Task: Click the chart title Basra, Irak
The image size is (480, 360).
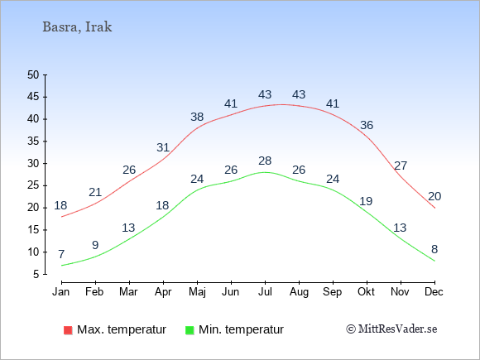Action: (77, 27)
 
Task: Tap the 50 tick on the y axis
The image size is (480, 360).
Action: (33, 74)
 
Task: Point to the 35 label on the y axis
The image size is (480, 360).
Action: (33, 142)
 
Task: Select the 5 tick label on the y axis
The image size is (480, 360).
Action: (36, 274)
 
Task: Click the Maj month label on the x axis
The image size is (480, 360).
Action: (197, 292)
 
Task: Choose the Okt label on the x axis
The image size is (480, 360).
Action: (366, 292)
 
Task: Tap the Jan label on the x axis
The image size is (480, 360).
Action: (61, 292)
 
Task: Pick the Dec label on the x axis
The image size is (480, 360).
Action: (434, 292)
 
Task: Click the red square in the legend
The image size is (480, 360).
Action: (68, 330)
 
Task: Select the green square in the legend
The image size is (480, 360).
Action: (190, 330)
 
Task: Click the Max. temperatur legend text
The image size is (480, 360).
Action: (122, 329)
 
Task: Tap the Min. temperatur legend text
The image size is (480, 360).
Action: (241, 329)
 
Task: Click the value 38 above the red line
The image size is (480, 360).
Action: (197, 117)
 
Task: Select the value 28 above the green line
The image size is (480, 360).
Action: (265, 161)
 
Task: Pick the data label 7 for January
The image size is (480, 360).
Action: (61, 254)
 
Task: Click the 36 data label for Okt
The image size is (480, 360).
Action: (367, 125)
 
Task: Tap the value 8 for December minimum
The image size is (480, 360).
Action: (434, 249)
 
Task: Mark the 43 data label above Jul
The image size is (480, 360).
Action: (265, 94)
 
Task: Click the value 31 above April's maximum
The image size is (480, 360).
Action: (163, 147)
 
